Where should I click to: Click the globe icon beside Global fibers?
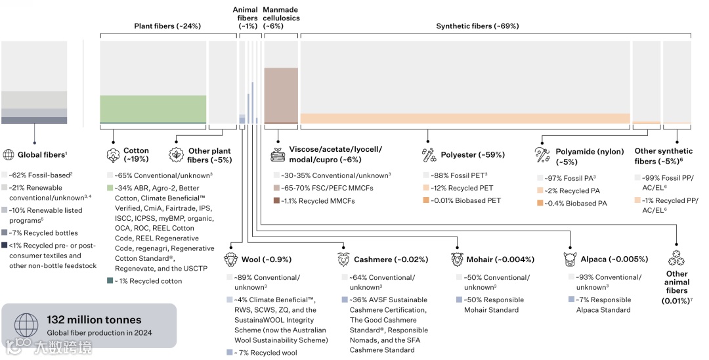coord(9,155)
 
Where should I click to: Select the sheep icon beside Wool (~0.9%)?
coord(230,259)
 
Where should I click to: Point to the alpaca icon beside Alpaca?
coord(570,259)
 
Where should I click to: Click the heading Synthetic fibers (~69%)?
coord(477,26)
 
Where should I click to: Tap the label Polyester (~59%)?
coord(473,155)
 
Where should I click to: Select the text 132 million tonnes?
coord(94,320)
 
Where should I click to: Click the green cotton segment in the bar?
coord(152,108)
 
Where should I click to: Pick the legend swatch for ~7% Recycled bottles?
coord(5,233)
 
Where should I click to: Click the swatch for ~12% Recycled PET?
coord(426,189)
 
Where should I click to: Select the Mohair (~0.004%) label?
coord(500,259)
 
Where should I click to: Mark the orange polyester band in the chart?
coord(465,118)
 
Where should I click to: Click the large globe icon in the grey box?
coord(26,325)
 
